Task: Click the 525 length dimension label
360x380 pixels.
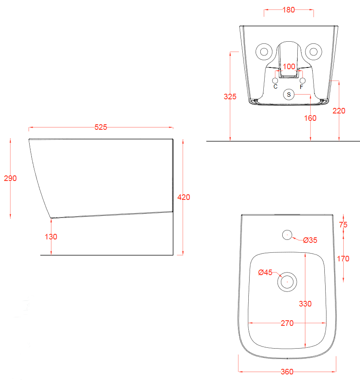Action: coord(101,127)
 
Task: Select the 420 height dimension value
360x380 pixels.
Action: coord(183,197)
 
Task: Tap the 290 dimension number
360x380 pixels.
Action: coord(10,178)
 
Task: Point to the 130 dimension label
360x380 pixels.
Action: coord(51,237)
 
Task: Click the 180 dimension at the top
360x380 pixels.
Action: coord(289,10)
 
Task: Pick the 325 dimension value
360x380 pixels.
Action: coord(230,97)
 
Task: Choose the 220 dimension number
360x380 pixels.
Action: coord(339,111)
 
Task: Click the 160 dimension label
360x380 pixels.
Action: coord(310,118)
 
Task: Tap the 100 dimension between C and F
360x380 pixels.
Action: coord(289,67)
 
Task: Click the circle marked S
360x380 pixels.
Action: coord(289,95)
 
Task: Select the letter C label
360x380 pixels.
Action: coord(275,86)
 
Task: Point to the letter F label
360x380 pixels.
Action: coord(302,87)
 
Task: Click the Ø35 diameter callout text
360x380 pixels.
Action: coord(310,240)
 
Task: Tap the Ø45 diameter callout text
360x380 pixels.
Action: coord(265,273)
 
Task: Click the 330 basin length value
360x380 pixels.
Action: coord(305,303)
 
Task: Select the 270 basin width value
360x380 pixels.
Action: coord(287,323)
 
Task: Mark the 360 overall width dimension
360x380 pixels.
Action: coord(287,371)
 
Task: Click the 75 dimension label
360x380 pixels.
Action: coord(343,225)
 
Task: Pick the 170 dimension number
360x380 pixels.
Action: coord(343,259)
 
